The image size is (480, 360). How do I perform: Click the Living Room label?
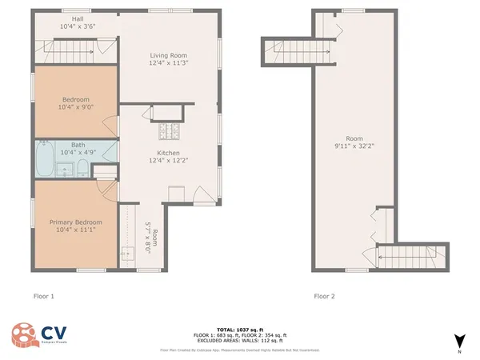tap(168, 55)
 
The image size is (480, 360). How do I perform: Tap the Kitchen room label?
tap(168, 153)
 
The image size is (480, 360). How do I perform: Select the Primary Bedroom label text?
tap(76, 222)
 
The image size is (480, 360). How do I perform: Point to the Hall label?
tap(77, 18)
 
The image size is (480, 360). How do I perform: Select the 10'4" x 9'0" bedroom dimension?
tap(76, 107)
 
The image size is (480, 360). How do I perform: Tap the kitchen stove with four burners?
tap(170, 130)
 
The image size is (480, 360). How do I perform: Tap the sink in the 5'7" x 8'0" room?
tap(127, 254)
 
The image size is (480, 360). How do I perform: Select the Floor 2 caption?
tap(324, 297)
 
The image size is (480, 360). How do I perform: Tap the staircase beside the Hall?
tap(72, 54)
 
